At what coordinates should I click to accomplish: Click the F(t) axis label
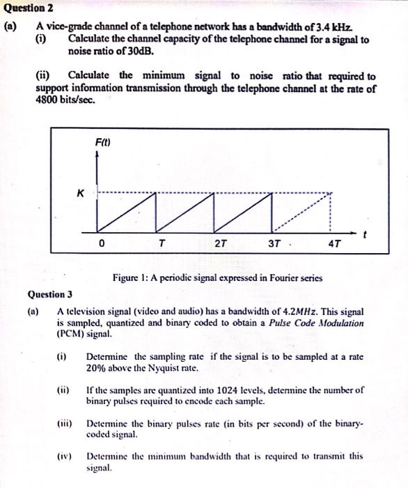point(104,143)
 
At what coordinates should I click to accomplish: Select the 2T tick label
point(220,244)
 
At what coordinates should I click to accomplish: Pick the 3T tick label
point(275,244)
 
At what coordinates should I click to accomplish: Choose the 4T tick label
point(334,245)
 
